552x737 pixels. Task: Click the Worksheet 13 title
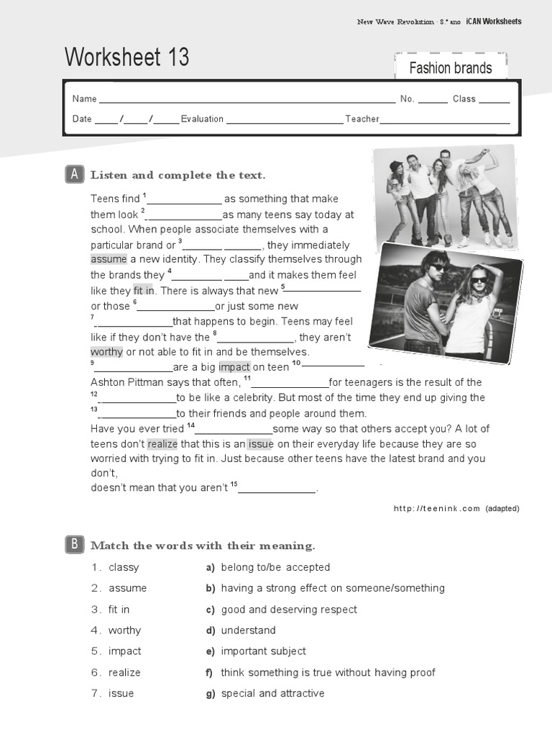(127, 58)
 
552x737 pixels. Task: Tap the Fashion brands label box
(451, 68)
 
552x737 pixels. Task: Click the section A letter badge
(74, 175)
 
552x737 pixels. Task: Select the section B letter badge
(74, 545)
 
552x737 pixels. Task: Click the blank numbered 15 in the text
(277, 489)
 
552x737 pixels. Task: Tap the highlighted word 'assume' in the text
(109, 259)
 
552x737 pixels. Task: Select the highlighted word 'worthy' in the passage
(107, 352)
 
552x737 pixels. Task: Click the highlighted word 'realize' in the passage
(162, 444)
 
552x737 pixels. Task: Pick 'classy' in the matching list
(124, 567)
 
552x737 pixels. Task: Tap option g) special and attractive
(272, 693)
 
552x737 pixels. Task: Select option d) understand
(248, 630)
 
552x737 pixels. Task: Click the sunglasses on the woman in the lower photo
(479, 280)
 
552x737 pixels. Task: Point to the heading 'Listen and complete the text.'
(178, 175)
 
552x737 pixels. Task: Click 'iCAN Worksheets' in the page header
(493, 22)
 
